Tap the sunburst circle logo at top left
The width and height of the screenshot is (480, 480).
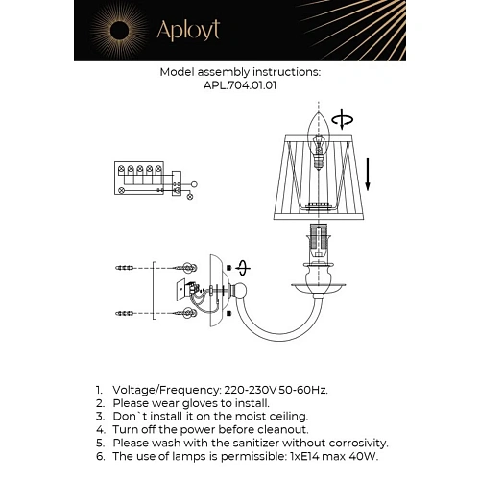(120, 31)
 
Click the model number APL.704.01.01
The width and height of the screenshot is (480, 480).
(240, 84)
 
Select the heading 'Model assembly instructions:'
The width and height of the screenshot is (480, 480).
(240, 71)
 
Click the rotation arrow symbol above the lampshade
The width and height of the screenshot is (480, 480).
(341, 120)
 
